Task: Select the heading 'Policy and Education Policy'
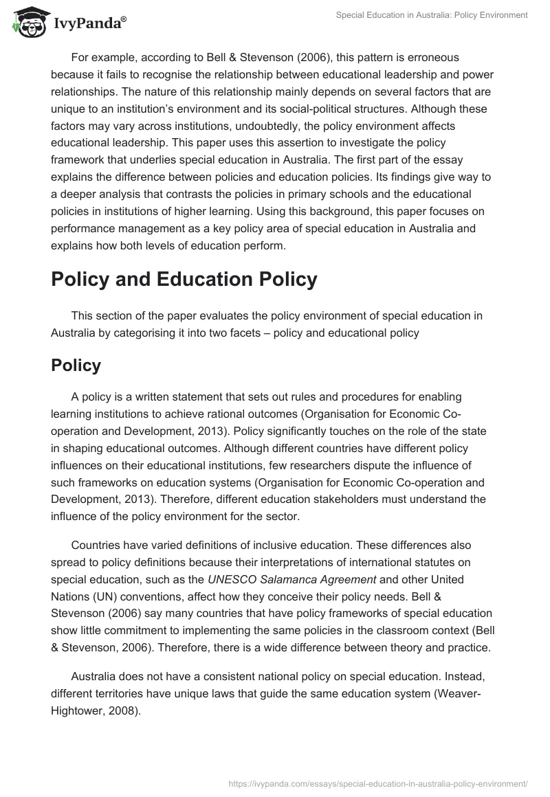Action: coord(184,279)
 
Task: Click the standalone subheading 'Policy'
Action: coord(76,366)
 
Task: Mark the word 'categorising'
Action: coord(164,333)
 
